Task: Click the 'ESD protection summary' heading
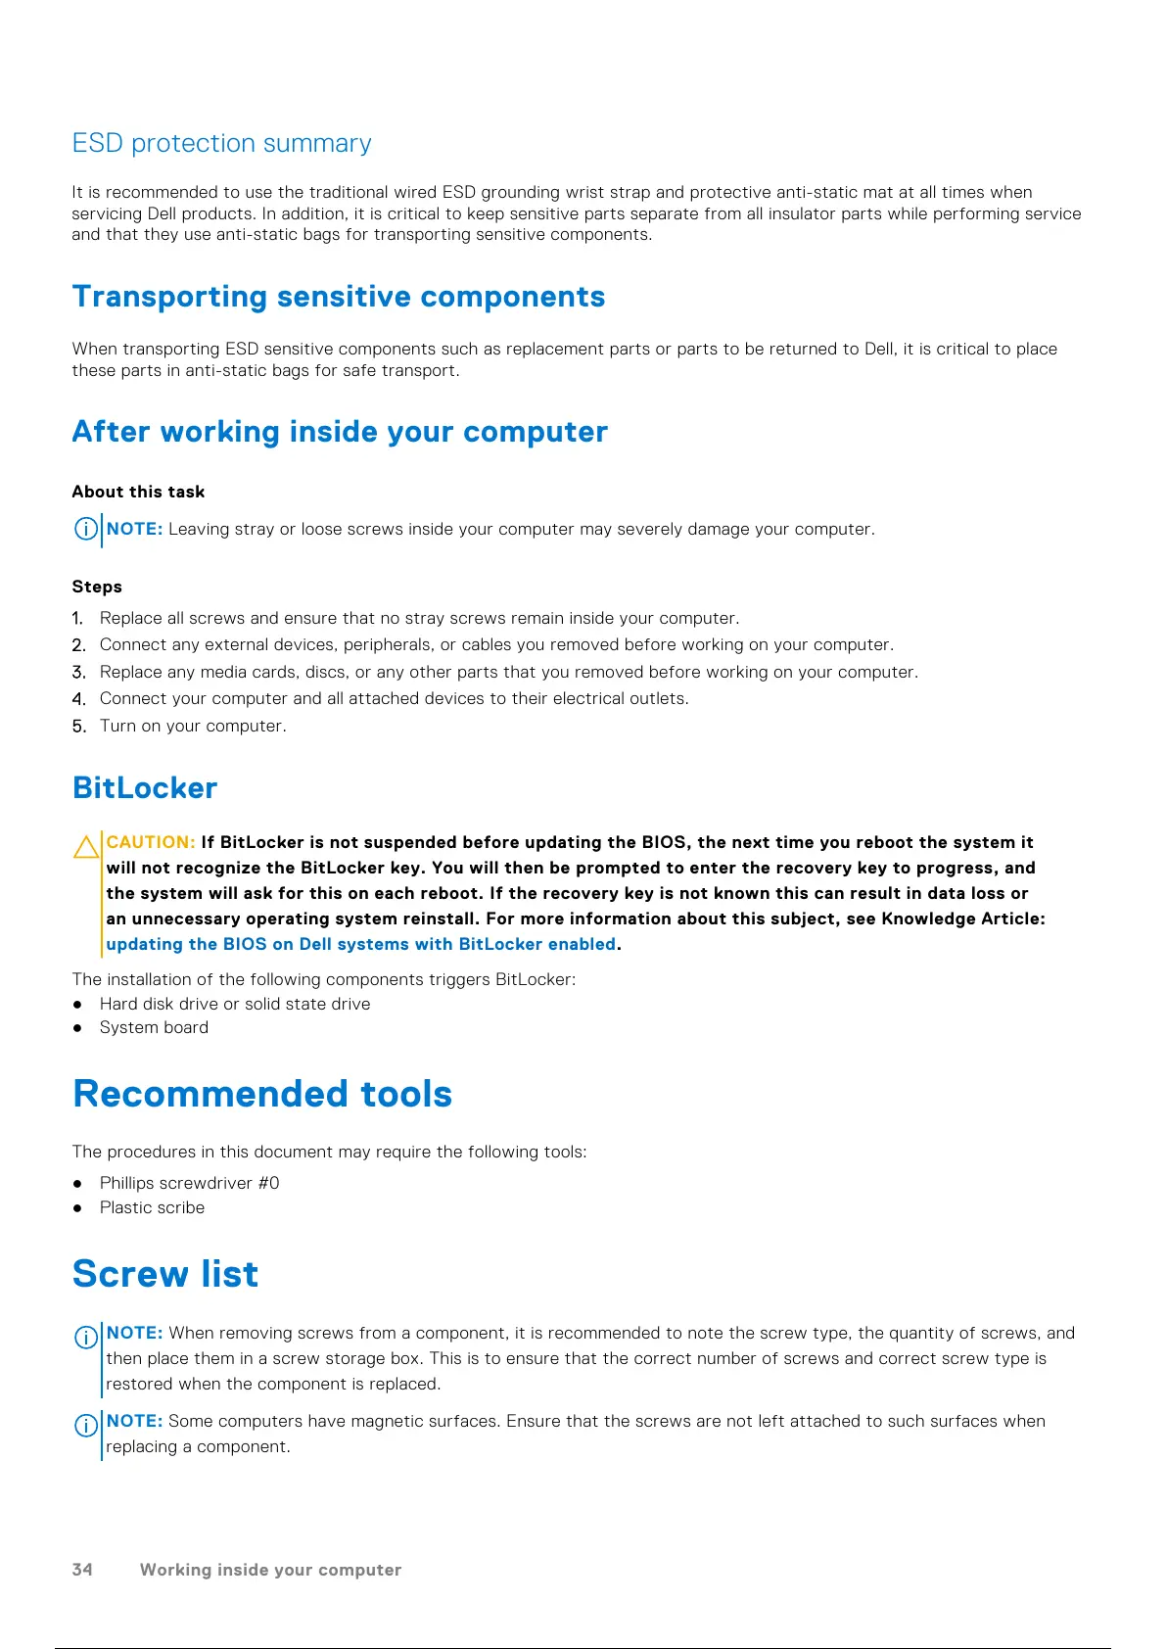[221, 144]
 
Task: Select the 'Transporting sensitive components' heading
[338, 297]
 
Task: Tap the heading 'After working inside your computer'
[339, 432]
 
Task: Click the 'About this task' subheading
[138, 492]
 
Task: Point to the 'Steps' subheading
[97, 587]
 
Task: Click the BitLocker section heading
[145, 788]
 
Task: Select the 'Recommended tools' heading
[262, 1094]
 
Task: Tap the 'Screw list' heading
[165, 1274]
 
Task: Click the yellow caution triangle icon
[86, 847]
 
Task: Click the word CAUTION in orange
[150, 842]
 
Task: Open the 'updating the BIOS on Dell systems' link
[360, 944]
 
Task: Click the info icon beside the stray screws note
[86, 530]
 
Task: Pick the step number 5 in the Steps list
[78, 727]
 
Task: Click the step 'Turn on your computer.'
[193, 726]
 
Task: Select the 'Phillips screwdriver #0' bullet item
[189, 1183]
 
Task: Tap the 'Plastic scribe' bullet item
[152, 1207]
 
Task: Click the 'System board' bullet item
[154, 1027]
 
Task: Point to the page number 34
[82, 1569]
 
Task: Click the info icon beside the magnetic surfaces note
[86, 1426]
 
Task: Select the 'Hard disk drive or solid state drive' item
[235, 1004]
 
